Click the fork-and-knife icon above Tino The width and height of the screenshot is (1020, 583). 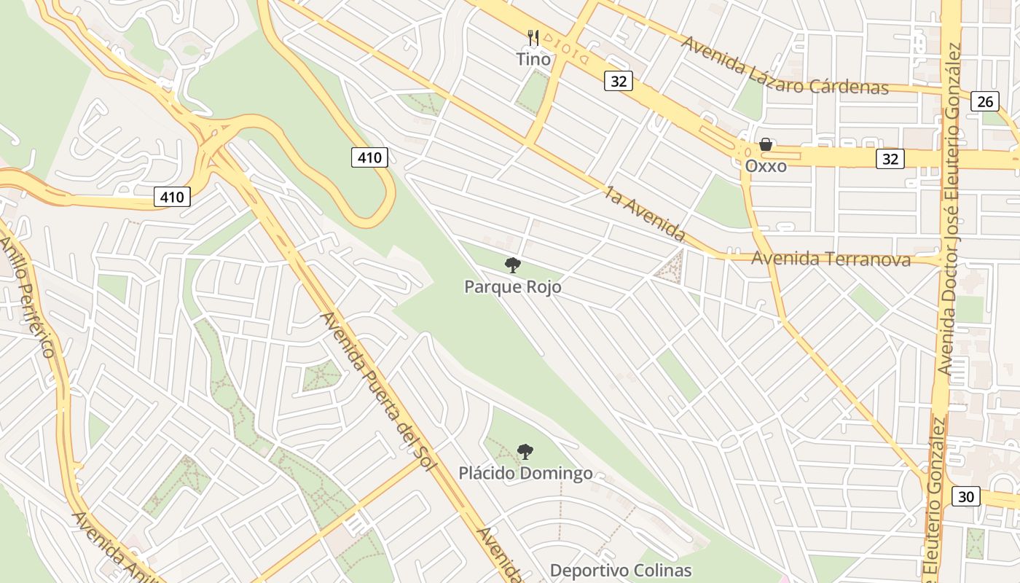click(533, 37)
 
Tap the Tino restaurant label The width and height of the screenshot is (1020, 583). click(534, 59)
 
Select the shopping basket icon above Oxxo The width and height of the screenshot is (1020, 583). click(766, 144)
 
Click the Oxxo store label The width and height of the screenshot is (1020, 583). click(766, 166)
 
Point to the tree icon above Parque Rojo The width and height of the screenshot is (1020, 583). click(513, 265)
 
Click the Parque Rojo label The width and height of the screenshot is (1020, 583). click(513, 287)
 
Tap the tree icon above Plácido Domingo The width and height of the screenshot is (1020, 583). click(525, 452)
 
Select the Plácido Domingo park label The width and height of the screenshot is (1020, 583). click(525, 474)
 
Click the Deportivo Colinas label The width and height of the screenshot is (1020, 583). click(620, 570)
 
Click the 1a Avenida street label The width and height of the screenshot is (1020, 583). click(646, 214)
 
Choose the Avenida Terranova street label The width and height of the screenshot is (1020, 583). click(831, 259)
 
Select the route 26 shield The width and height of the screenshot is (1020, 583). click(984, 101)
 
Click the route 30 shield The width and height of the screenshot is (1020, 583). click(965, 497)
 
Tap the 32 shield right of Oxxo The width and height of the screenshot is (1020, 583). click(890, 158)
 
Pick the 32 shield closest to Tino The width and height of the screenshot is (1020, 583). click(618, 81)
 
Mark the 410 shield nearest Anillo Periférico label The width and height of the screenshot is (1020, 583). click(172, 196)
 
